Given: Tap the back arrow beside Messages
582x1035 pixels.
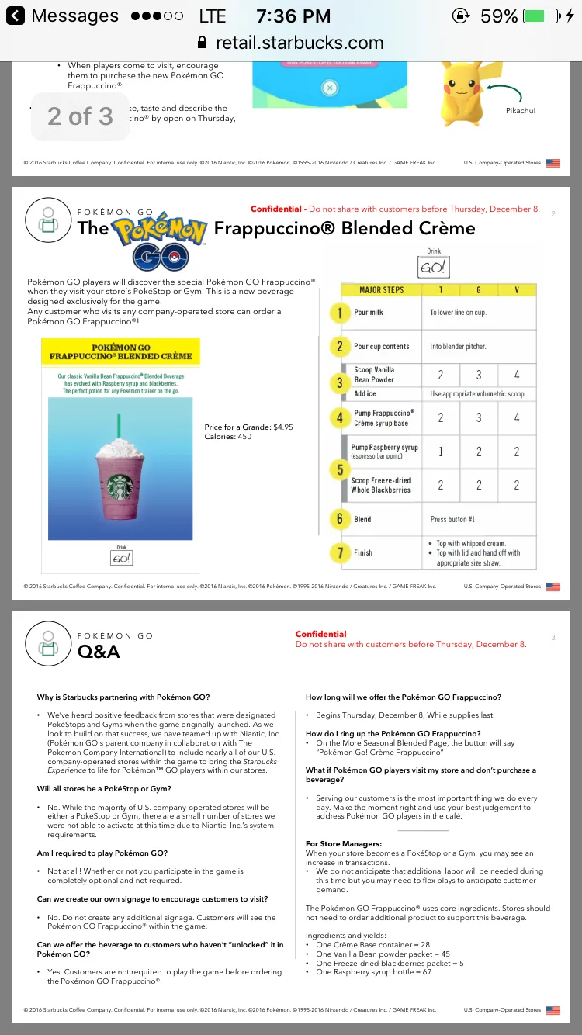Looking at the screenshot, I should (16, 16).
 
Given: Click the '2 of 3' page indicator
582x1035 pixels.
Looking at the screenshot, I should (80, 116).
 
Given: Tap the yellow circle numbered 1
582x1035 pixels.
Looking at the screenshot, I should (340, 313).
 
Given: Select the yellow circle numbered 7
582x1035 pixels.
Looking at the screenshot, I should (340, 553).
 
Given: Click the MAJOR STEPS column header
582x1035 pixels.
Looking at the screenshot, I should (382, 290).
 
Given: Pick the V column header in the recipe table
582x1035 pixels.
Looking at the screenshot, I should (517, 290).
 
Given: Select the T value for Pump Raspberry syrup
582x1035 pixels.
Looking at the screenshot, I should (441, 452).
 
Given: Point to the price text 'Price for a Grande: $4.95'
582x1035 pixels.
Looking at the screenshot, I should (248, 427).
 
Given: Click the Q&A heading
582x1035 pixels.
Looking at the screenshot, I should (99, 652).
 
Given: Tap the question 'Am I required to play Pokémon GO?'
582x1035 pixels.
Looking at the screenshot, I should (102, 853).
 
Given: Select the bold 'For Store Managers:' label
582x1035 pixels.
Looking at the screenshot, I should (343, 843).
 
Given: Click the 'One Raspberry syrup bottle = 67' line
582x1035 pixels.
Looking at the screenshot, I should (373, 972).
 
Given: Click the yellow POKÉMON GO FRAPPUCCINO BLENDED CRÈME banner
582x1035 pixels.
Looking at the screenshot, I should (120, 352).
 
